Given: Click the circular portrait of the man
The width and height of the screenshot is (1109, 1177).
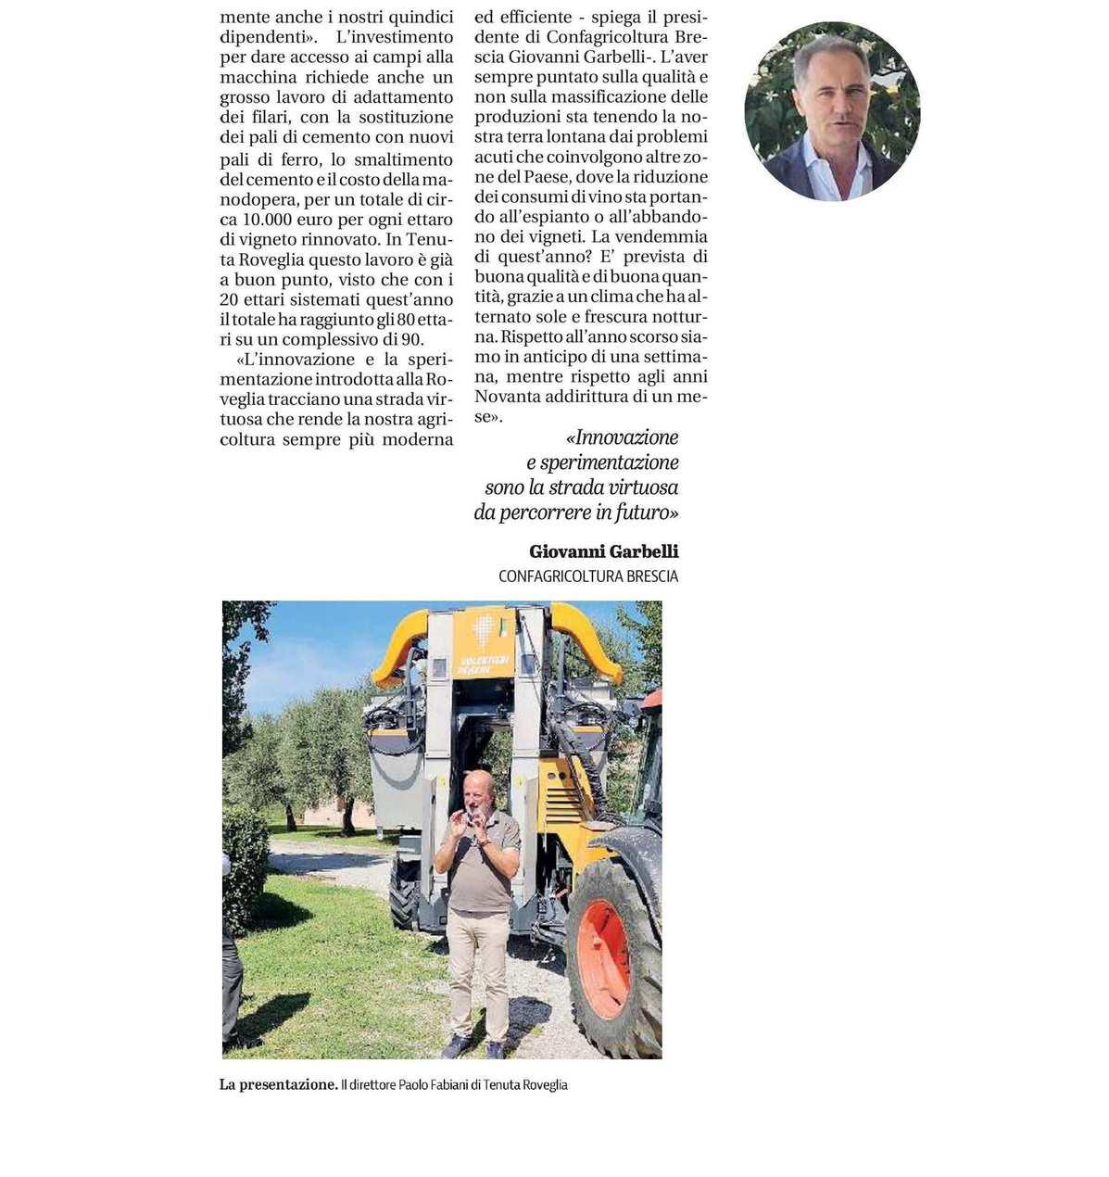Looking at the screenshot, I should coord(831,111).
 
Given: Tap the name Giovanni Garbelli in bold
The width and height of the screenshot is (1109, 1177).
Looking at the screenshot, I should coord(603,551).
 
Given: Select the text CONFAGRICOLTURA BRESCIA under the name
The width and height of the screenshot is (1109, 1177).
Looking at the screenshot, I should coord(587,576).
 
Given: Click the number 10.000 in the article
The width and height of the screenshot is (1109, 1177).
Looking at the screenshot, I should coord(269,220).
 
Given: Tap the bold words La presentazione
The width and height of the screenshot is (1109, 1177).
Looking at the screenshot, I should coord(278,1084).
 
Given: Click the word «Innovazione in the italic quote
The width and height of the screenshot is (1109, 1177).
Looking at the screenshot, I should coord(622,437).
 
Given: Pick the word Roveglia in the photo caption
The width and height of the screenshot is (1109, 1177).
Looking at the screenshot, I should coord(545,1084).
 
